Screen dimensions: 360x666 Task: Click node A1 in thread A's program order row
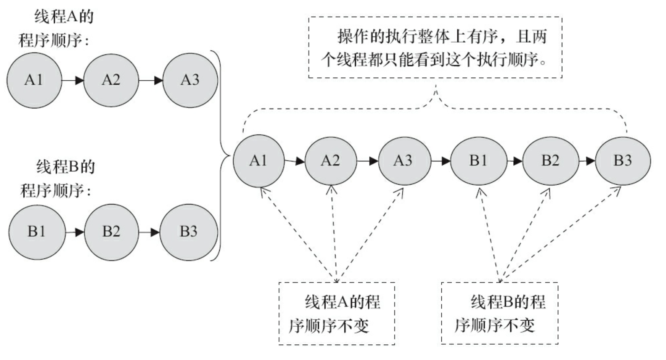(x=34, y=80)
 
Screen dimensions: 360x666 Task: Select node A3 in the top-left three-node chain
(x=190, y=80)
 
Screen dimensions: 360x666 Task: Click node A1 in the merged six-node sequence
(x=258, y=161)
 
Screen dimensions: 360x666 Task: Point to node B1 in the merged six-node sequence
(x=478, y=161)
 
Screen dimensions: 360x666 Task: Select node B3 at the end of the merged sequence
(x=623, y=161)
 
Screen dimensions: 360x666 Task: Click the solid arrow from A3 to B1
(x=441, y=161)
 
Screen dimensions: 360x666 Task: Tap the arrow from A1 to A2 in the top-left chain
(x=73, y=80)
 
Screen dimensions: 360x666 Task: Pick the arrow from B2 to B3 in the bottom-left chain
(x=149, y=232)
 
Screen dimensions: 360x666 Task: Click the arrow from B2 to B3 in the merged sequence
(x=587, y=161)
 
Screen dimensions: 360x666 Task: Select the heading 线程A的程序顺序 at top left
(x=55, y=29)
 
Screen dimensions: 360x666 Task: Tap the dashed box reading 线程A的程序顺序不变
(x=336, y=313)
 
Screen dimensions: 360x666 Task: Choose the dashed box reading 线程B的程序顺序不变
(x=499, y=313)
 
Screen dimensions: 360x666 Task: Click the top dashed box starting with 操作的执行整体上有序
(x=435, y=47)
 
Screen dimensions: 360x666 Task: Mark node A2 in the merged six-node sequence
(x=331, y=161)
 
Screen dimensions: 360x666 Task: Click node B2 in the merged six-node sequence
(x=550, y=161)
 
